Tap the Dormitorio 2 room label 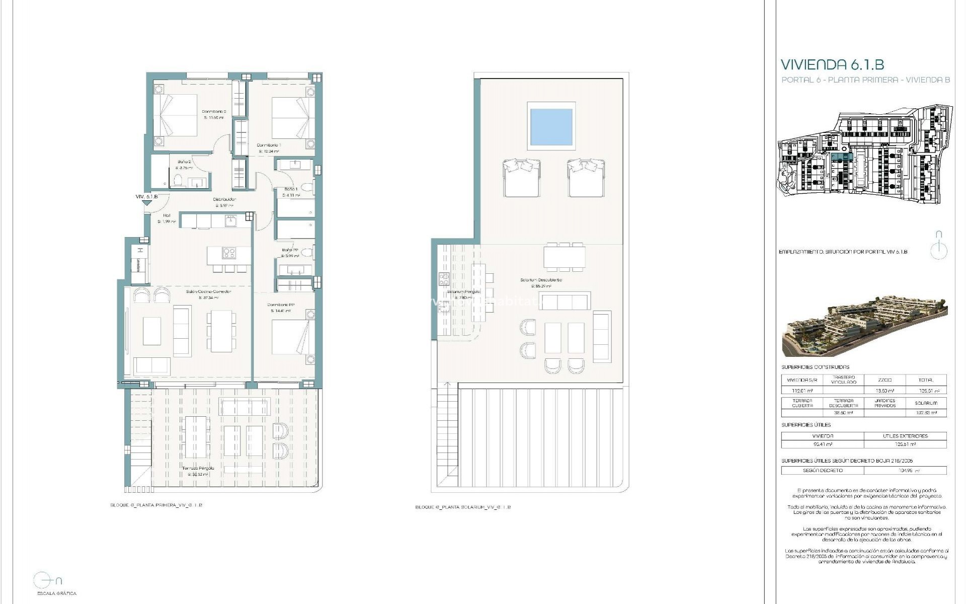point(214,112)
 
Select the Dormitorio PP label point(281,305)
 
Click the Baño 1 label point(290,189)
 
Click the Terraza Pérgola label point(197,468)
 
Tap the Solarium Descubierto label point(541,280)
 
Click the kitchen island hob point(229,253)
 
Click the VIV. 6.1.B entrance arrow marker point(146,202)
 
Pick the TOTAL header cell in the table point(925,380)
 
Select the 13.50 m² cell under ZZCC point(884,391)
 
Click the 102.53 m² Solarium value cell point(925,413)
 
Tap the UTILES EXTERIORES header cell point(905,436)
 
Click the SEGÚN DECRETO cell point(823,471)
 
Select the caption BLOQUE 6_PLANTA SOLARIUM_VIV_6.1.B point(463,507)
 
